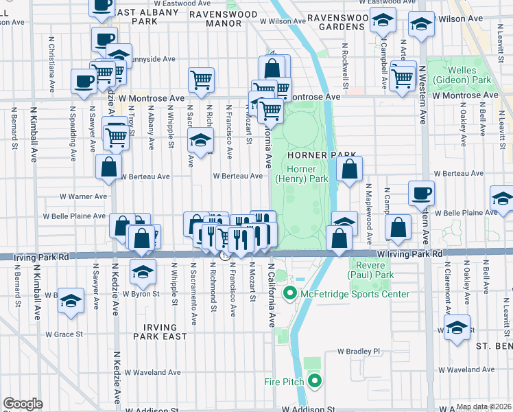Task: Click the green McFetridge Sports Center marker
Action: point(289,295)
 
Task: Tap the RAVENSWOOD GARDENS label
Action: point(335,22)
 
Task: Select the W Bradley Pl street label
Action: point(358,351)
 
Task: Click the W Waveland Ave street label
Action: point(152,372)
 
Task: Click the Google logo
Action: point(23,403)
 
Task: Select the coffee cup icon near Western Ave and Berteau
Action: point(421,193)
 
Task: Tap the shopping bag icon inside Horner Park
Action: point(349,169)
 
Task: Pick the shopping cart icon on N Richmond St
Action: point(201,79)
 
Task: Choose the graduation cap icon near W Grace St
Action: point(71,301)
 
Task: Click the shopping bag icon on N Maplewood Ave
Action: point(398,228)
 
